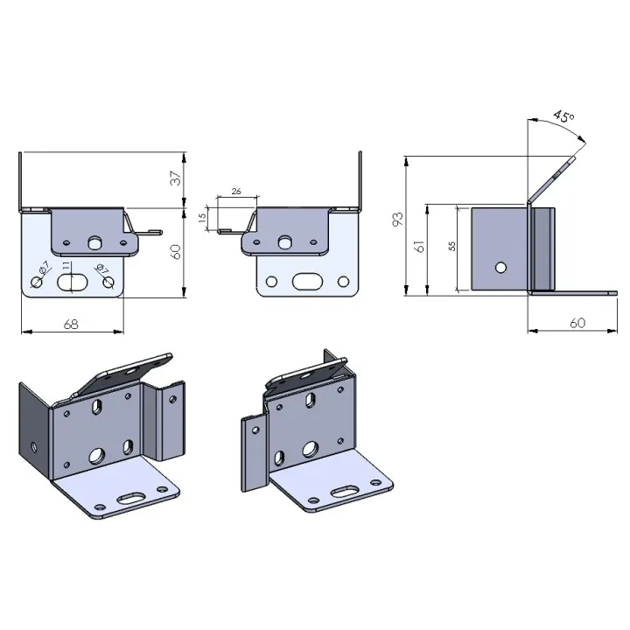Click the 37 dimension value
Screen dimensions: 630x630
176,178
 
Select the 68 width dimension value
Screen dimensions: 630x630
71,325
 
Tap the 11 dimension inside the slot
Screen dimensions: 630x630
66,266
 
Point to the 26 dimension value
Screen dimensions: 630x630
236,192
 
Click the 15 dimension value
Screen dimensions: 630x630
202,217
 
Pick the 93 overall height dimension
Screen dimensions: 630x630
398,219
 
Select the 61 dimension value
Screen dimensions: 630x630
419,246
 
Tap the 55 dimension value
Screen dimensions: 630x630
452,246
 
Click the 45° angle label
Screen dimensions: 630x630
563,116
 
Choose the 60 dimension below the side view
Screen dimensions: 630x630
577,323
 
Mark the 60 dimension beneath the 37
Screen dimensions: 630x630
176,251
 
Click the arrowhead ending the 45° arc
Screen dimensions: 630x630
582,138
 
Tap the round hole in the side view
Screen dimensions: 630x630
500,268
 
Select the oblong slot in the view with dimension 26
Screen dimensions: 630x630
307,281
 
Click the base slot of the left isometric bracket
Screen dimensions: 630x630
131,498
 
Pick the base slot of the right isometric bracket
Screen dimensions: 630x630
345,492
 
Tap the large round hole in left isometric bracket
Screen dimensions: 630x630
96,455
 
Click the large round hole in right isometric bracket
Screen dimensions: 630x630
310,449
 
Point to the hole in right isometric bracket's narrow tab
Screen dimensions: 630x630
255,430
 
